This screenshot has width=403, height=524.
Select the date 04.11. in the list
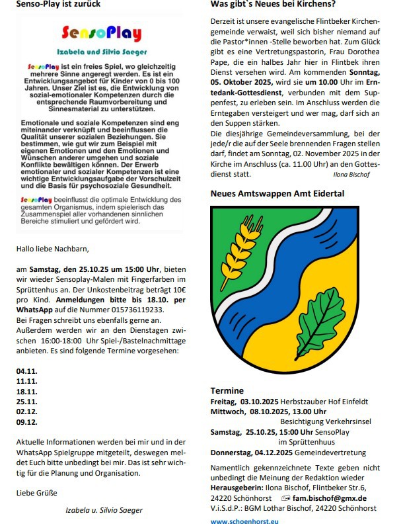pos(27,371)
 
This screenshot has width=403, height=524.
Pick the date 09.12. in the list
pos(27,421)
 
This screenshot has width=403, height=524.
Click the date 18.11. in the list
pos(27,391)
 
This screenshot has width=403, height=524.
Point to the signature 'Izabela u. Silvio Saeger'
pos(104,510)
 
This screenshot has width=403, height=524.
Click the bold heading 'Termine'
pos(227,390)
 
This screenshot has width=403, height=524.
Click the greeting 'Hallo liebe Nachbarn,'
pos(52,249)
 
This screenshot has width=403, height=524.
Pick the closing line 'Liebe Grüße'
pos(36,493)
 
